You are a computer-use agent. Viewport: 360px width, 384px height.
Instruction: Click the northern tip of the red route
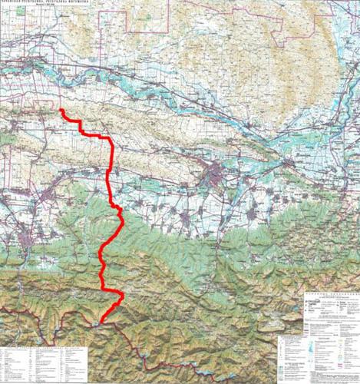(61, 111)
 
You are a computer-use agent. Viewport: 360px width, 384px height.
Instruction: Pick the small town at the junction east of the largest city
(288, 163)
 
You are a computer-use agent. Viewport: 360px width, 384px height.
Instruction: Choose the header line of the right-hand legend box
(326, 295)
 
